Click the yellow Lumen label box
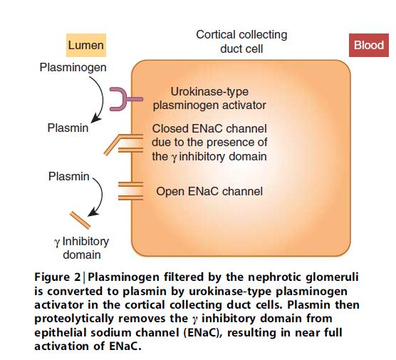pyautogui.click(x=86, y=45)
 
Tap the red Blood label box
pyautogui.click(x=369, y=45)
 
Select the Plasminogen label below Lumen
pyautogui.click(x=73, y=68)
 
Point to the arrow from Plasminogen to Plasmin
pyautogui.click(x=103, y=98)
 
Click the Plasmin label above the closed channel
pyautogui.click(x=68, y=128)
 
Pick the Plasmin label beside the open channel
pyautogui.click(x=68, y=177)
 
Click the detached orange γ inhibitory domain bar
pyautogui.click(x=80, y=220)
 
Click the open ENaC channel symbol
pyautogui.click(x=130, y=191)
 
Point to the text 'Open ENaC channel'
pyautogui.click(x=209, y=191)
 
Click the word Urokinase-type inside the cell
pyautogui.click(x=209, y=91)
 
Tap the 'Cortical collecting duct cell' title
pyautogui.click(x=241, y=42)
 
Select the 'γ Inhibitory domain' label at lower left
pyautogui.click(x=82, y=248)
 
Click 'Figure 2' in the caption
pyautogui.click(x=57, y=277)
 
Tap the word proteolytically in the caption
pyautogui.click(x=74, y=319)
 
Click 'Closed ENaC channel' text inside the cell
pyautogui.click(x=209, y=129)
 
